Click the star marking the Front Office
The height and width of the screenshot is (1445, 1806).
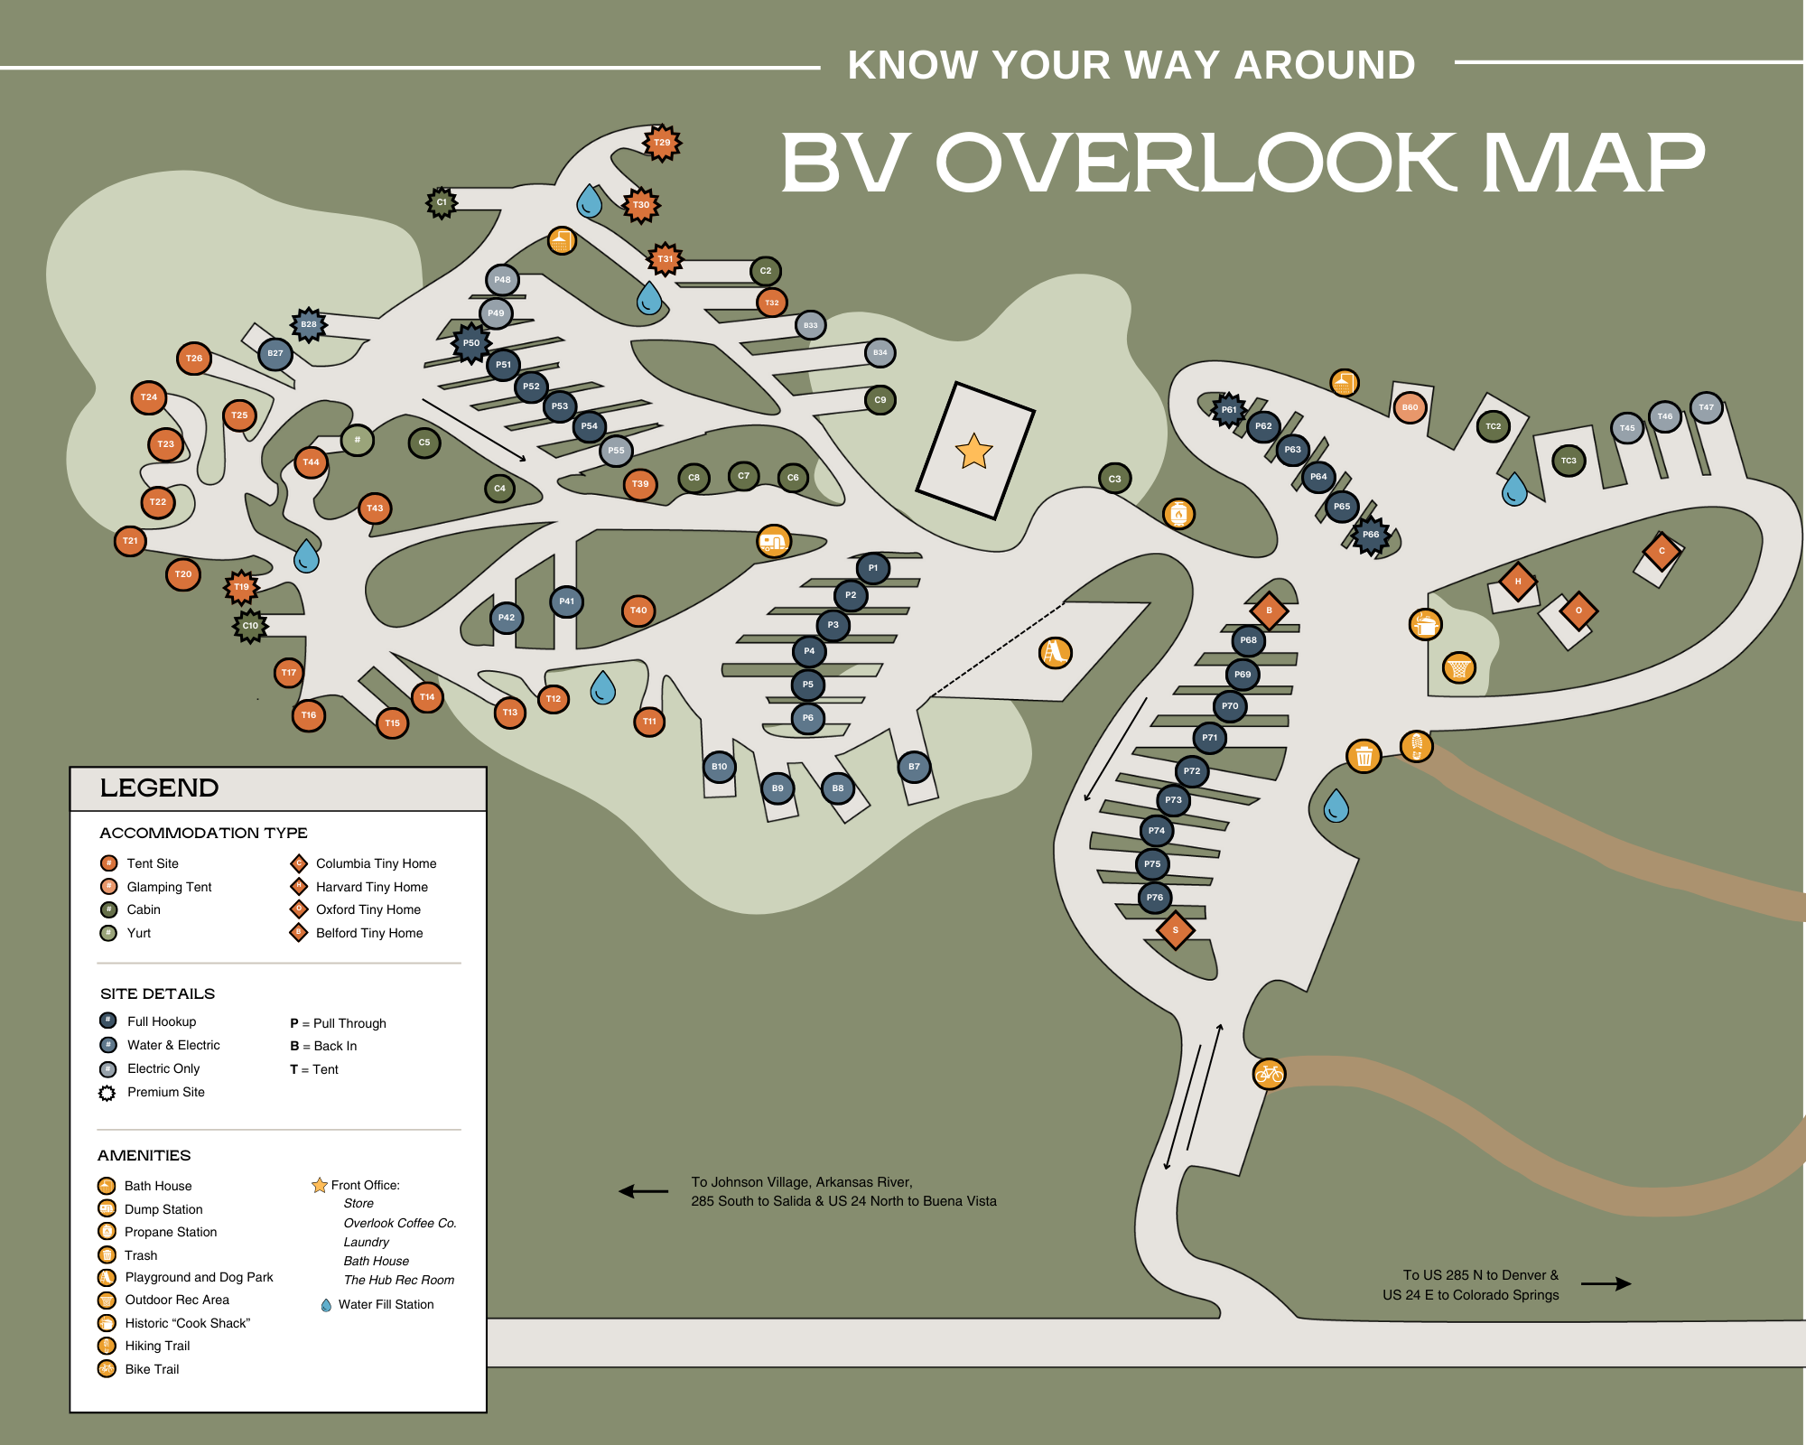click(x=973, y=451)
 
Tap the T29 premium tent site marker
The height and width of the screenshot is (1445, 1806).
click(x=662, y=143)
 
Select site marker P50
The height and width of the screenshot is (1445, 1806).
click(x=470, y=343)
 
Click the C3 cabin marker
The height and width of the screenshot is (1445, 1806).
click(x=1115, y=479)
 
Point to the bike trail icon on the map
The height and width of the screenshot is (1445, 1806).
click(x=1269, y=1074)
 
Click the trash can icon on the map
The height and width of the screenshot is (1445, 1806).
click(x=1364, y=756)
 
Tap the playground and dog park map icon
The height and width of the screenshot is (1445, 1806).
click(x=1055, y=652)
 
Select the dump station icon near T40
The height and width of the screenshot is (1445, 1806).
click(x=773, y=542)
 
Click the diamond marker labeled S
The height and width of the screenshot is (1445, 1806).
click(x=1175, y=929)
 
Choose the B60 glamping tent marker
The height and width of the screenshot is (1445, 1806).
click(x=1410, y=407)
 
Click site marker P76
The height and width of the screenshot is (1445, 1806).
click(x=1155, y=898)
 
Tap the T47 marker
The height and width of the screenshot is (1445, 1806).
click(x=1706, y=407)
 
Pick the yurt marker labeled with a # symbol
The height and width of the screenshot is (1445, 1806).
click(x=358, y=440)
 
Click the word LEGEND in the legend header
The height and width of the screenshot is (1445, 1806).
click(x=159, y=788)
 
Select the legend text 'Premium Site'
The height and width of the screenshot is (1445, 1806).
click(x=166, y=1092)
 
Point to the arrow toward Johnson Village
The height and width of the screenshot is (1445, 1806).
click(x=643, y=1191)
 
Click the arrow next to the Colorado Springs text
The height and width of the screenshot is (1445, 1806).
click(x=1606, y=1283)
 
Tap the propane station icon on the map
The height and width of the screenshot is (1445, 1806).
click(x=1178, y=514)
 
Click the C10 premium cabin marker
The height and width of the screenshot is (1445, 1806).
click(x=250, y=625)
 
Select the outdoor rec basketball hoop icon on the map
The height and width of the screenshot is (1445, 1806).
click(x=1458, y=669)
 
